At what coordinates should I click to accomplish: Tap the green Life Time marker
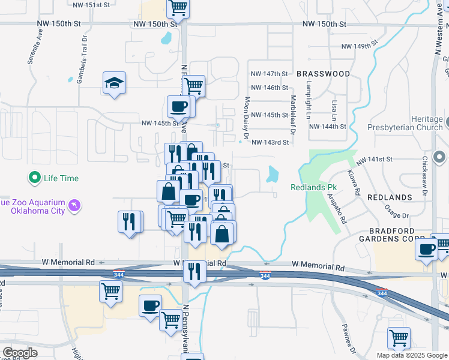click(35, 178)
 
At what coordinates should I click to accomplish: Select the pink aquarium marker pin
click(74, 206)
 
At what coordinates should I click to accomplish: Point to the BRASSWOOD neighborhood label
click(323, 74)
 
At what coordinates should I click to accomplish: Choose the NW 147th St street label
click(270, 74)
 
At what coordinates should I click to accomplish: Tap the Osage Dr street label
click(396, 215)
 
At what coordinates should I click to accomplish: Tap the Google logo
click(20, 353)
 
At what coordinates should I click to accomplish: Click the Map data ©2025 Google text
click(412, 355)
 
